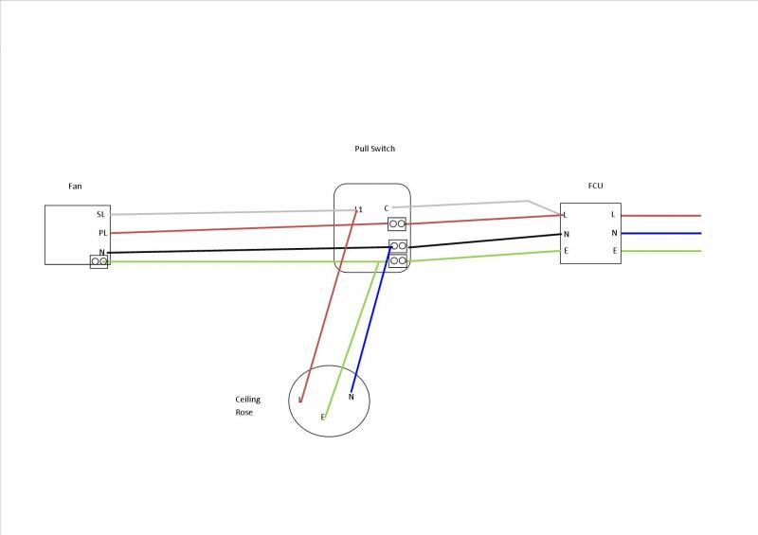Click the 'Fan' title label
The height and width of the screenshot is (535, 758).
75,187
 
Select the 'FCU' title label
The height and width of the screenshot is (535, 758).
596,187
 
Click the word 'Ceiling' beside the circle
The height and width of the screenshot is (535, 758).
247,400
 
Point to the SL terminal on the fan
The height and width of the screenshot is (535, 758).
101,215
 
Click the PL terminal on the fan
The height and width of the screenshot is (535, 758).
101,233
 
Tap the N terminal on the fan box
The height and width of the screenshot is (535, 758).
101,253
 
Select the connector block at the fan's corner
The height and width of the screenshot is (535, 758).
99,260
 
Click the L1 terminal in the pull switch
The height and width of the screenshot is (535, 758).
358,208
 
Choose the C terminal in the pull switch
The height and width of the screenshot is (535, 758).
387,208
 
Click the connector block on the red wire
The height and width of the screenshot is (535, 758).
398,224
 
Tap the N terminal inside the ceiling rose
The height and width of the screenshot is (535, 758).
352,397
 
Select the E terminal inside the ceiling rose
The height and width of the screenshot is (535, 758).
323,417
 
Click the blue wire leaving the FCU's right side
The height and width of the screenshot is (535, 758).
663,233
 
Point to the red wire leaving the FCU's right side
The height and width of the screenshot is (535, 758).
663,216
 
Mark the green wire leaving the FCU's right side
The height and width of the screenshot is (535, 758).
663,251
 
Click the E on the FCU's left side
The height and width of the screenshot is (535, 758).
566,251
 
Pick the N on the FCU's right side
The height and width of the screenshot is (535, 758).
614,233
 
